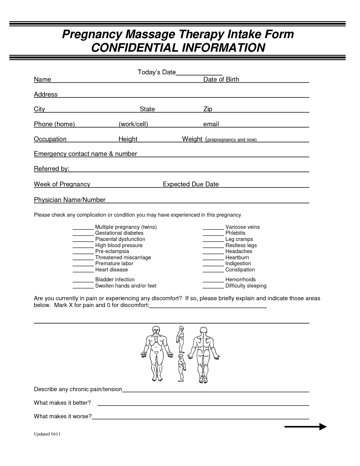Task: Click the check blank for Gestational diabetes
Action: point(83,234)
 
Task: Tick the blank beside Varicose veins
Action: point(213,228)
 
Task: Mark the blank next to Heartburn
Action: point(213,258)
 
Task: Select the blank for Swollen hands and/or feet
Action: point(83,287)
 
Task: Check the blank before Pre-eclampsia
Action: point(83,252)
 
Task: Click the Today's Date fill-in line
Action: point(199,74)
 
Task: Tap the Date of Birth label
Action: point(221,80)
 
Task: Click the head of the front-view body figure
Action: point(156,330)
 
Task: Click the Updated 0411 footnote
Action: point(47,434)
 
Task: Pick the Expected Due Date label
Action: point(191,184)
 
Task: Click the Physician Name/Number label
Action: point(70,200)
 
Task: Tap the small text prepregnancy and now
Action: point(231,140)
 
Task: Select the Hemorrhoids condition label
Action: point(240,280)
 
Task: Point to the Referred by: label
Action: point(52,169)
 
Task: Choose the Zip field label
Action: point(208,109)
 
